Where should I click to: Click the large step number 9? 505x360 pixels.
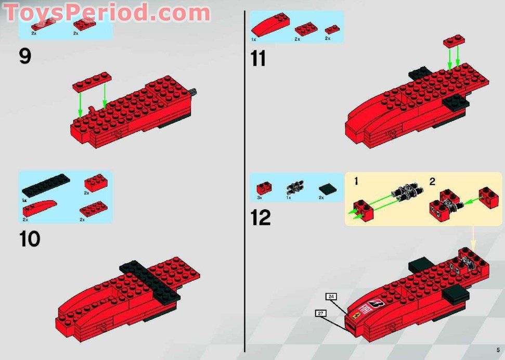pos(25,56)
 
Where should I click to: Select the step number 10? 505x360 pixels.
pos(30,239)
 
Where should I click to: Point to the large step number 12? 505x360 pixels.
pos(261,217)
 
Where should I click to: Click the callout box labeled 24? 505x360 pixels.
pos(331,297)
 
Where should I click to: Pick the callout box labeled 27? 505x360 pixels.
pos(321,313)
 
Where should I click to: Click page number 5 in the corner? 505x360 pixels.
pos(497,350)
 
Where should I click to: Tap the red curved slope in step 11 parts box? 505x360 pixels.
pos(269,24)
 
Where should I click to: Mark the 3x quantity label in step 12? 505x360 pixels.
pos(260,198)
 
